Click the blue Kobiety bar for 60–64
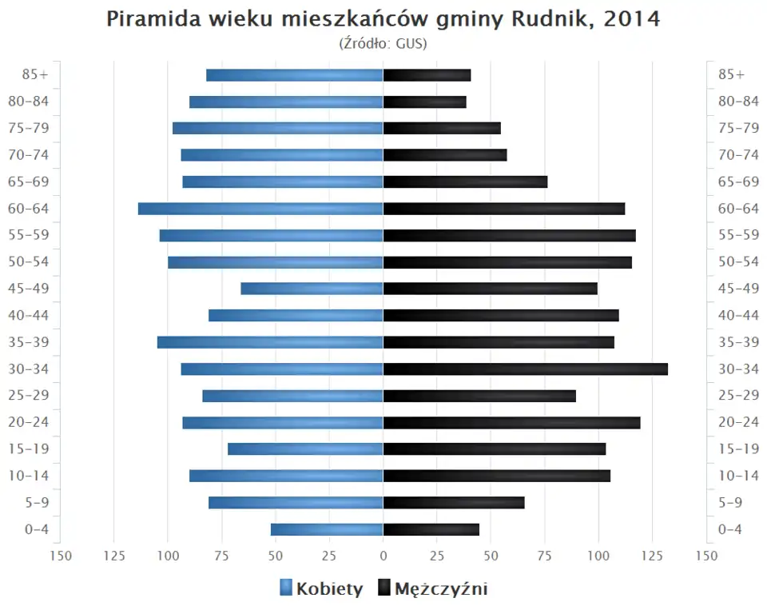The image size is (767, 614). (260, 209)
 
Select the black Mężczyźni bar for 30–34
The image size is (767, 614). (525, 369)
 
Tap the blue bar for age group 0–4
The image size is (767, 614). (327, 529)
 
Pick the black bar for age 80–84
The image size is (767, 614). (424, 102)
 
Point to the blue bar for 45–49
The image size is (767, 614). (312, 289)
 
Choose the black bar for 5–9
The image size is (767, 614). (454, 502)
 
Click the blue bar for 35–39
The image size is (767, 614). (270, 342)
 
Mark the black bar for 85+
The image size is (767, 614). (427, 75)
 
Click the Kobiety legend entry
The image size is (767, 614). (321, 589)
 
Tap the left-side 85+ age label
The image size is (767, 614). (36, 75)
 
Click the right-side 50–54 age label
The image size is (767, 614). (738, 262)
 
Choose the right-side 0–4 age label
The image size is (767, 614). (730, 529)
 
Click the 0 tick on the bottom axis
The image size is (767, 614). (383, 555)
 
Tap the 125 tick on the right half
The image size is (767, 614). (652, 555)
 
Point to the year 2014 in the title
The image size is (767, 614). (632, 19)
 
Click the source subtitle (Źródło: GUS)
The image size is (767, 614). (383, 43)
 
